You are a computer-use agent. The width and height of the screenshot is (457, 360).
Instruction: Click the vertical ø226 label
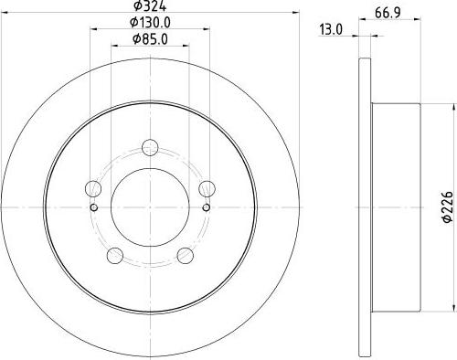pyautogui.click(x=448, y=208)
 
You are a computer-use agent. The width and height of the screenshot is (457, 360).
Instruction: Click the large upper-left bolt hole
pyautogui.click(x=92, y=189)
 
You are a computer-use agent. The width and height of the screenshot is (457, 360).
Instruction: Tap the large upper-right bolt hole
pyautogui.click(x=208, y=189)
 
